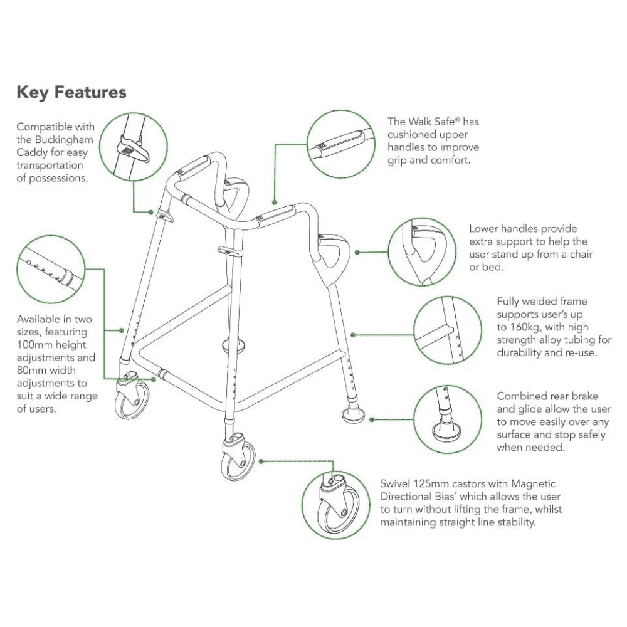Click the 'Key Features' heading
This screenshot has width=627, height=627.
tap(71, 93)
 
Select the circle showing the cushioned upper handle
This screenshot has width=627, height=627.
tap(339, 142)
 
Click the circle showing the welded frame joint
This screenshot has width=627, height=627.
tap(450, 330)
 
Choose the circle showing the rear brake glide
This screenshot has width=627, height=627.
tap(450, 419)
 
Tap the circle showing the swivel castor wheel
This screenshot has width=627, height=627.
tap(335, 505)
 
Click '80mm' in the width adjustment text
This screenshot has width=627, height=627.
tap(30, 371)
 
